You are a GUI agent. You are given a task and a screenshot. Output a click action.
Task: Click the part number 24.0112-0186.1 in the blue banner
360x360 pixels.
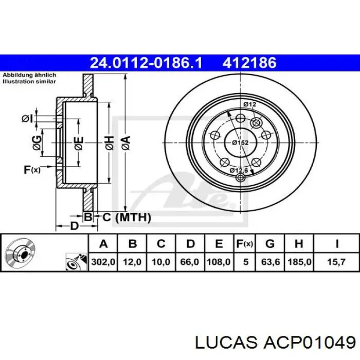146,63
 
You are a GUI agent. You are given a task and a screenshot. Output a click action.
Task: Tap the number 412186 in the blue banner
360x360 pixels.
249,63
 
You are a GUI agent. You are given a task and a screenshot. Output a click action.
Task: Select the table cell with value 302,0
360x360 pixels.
103,262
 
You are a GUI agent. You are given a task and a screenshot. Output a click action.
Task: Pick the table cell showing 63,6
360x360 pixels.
270,262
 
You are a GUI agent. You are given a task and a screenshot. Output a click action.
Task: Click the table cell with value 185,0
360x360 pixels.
299,262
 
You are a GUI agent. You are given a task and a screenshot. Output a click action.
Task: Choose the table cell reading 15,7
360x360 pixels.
336,262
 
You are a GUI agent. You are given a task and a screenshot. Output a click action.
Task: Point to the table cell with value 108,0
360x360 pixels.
219,262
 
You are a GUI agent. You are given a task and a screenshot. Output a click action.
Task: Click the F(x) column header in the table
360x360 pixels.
245,244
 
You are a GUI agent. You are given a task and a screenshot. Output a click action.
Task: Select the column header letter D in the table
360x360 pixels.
190,244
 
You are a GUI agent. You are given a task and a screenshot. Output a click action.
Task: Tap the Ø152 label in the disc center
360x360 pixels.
240,142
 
